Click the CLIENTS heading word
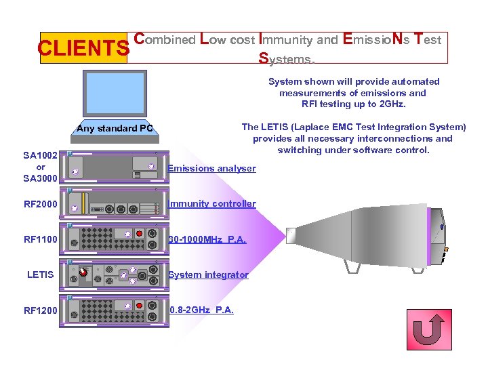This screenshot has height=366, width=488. [x=83, y=48]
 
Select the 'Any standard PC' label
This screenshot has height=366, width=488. [x=115, y=129]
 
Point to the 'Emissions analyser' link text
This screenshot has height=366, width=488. [x=212, y=168]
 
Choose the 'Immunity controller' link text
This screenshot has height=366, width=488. [x=212, y=203]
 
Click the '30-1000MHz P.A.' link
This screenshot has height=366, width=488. [x=207, y=239]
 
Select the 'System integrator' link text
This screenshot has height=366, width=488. [x=208, y=274]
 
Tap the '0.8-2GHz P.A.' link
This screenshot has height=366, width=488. [x=201, y=310]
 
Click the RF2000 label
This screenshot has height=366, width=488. [x=41, y=204]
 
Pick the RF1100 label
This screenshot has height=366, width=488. [x=41, y=239]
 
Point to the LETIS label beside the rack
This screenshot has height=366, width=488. [x=41, y=274]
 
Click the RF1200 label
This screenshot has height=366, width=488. [x=41, y=310]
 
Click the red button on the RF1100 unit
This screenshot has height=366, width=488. [x=140, y=234]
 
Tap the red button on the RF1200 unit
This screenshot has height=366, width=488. [x=140, y=306]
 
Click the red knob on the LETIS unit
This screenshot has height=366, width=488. [x=83, y=272]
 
